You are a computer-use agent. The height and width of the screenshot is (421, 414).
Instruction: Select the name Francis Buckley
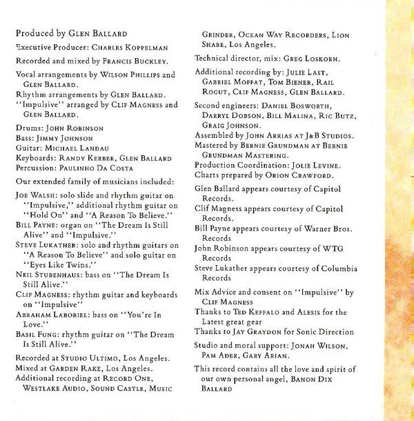point(130,60)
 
